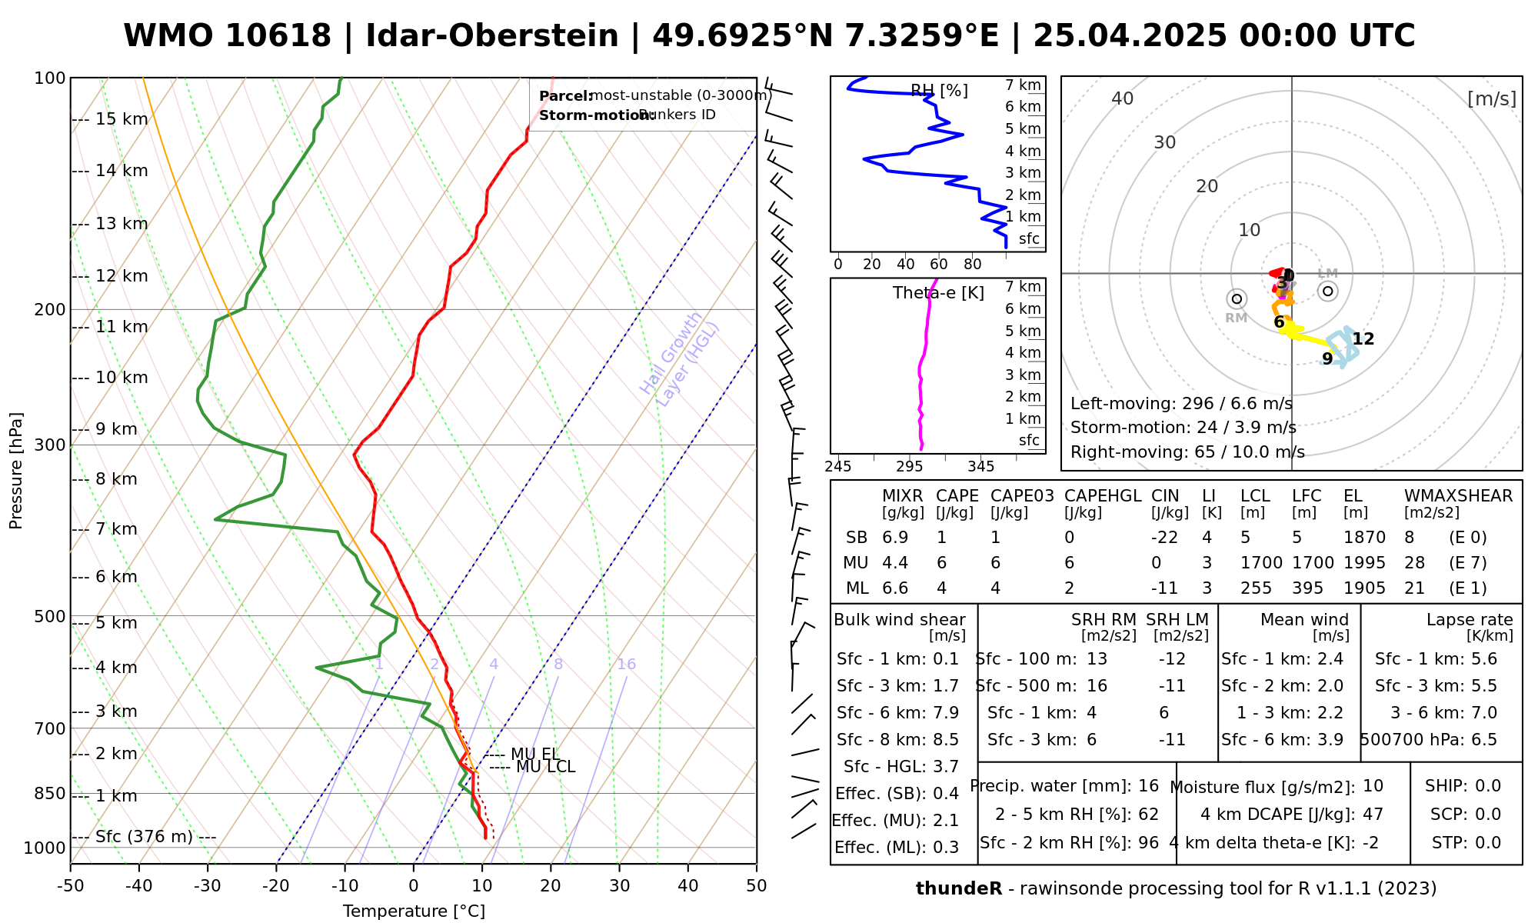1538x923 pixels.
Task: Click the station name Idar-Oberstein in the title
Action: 491,36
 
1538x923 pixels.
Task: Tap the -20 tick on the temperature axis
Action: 276,886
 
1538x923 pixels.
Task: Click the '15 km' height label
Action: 122,119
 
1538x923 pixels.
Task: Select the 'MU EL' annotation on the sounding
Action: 534,755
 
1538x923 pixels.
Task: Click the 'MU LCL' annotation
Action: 545,767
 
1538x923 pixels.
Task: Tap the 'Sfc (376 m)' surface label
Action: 144,837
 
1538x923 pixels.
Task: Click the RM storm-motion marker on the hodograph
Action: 1237,298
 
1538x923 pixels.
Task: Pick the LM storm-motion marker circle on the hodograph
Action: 1327,291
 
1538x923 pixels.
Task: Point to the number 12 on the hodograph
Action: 1363,339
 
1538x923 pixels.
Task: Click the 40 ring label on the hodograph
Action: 1123,98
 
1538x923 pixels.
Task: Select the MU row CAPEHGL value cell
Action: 1069,563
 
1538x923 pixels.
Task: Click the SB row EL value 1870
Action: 1364,538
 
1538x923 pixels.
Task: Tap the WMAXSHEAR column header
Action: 1458,496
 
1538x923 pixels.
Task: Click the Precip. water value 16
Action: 1148,786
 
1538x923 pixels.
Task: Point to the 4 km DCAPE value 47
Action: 1373,815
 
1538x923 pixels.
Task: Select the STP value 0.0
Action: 1488,843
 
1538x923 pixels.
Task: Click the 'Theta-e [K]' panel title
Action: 938,293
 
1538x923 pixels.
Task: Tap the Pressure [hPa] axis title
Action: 16,471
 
